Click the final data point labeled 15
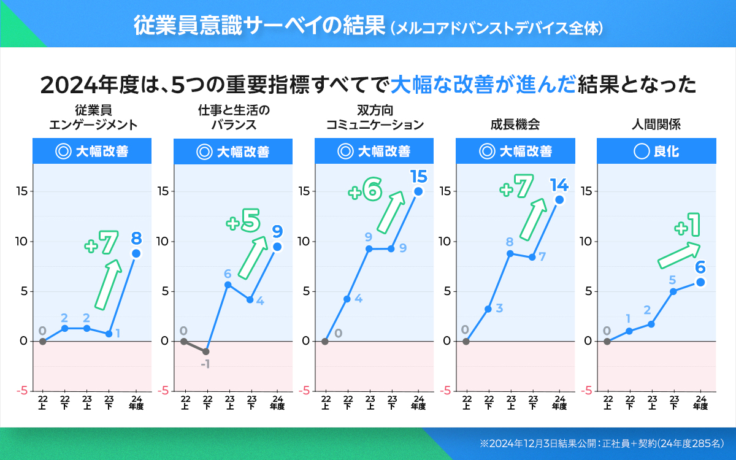point(418,191)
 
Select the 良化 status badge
point(657,151)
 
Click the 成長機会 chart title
point(515,125)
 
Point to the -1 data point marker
point(206,351)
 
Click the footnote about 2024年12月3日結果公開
point(602,443)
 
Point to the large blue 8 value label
point(136,237)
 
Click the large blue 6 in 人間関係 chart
point(700,267)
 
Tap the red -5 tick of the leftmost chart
point(21,391)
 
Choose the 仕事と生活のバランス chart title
point(234,118)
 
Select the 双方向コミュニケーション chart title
point(375,118)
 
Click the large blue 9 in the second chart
point(277,231)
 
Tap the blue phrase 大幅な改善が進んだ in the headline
point(483,84)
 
